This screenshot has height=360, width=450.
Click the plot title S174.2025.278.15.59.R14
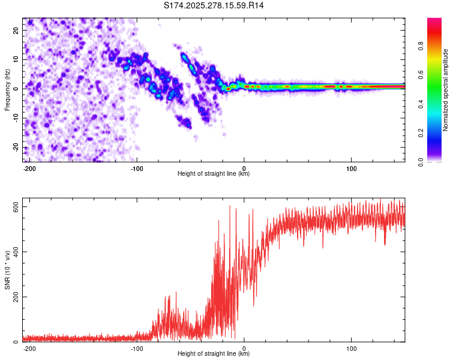pyautogui.click(x=214, y=5)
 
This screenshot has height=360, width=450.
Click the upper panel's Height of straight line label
pyautogui.click(x=214, y=174)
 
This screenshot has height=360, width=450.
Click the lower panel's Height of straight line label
pyautogui.click(x=214, y=354)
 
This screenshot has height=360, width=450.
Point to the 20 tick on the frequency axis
pyautogui.click(x=16, y=30)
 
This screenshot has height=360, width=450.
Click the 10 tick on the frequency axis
pyautogui.click(x=16, y=59)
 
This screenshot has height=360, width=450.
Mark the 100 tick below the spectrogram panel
pyautogui.click(x=351, y=168)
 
